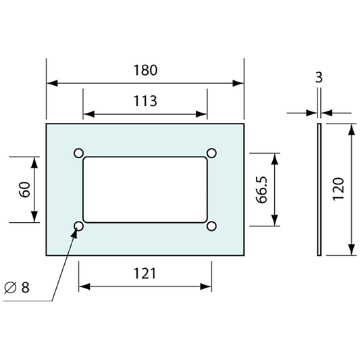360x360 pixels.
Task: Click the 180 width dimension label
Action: coord(145,70)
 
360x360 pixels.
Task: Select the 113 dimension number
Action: coord(145,101)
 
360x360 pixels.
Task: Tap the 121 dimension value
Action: coord(145,274)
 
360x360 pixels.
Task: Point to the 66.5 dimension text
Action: coord(262,190)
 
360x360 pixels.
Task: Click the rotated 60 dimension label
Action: coord(24,189)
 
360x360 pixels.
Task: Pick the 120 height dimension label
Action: coord(338,189)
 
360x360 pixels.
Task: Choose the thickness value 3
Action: coord(319,78)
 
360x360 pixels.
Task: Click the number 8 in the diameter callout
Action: coord(26,287)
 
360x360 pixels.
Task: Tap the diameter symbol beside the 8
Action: coord(11,287)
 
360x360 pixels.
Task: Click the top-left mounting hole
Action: coord(78,153)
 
